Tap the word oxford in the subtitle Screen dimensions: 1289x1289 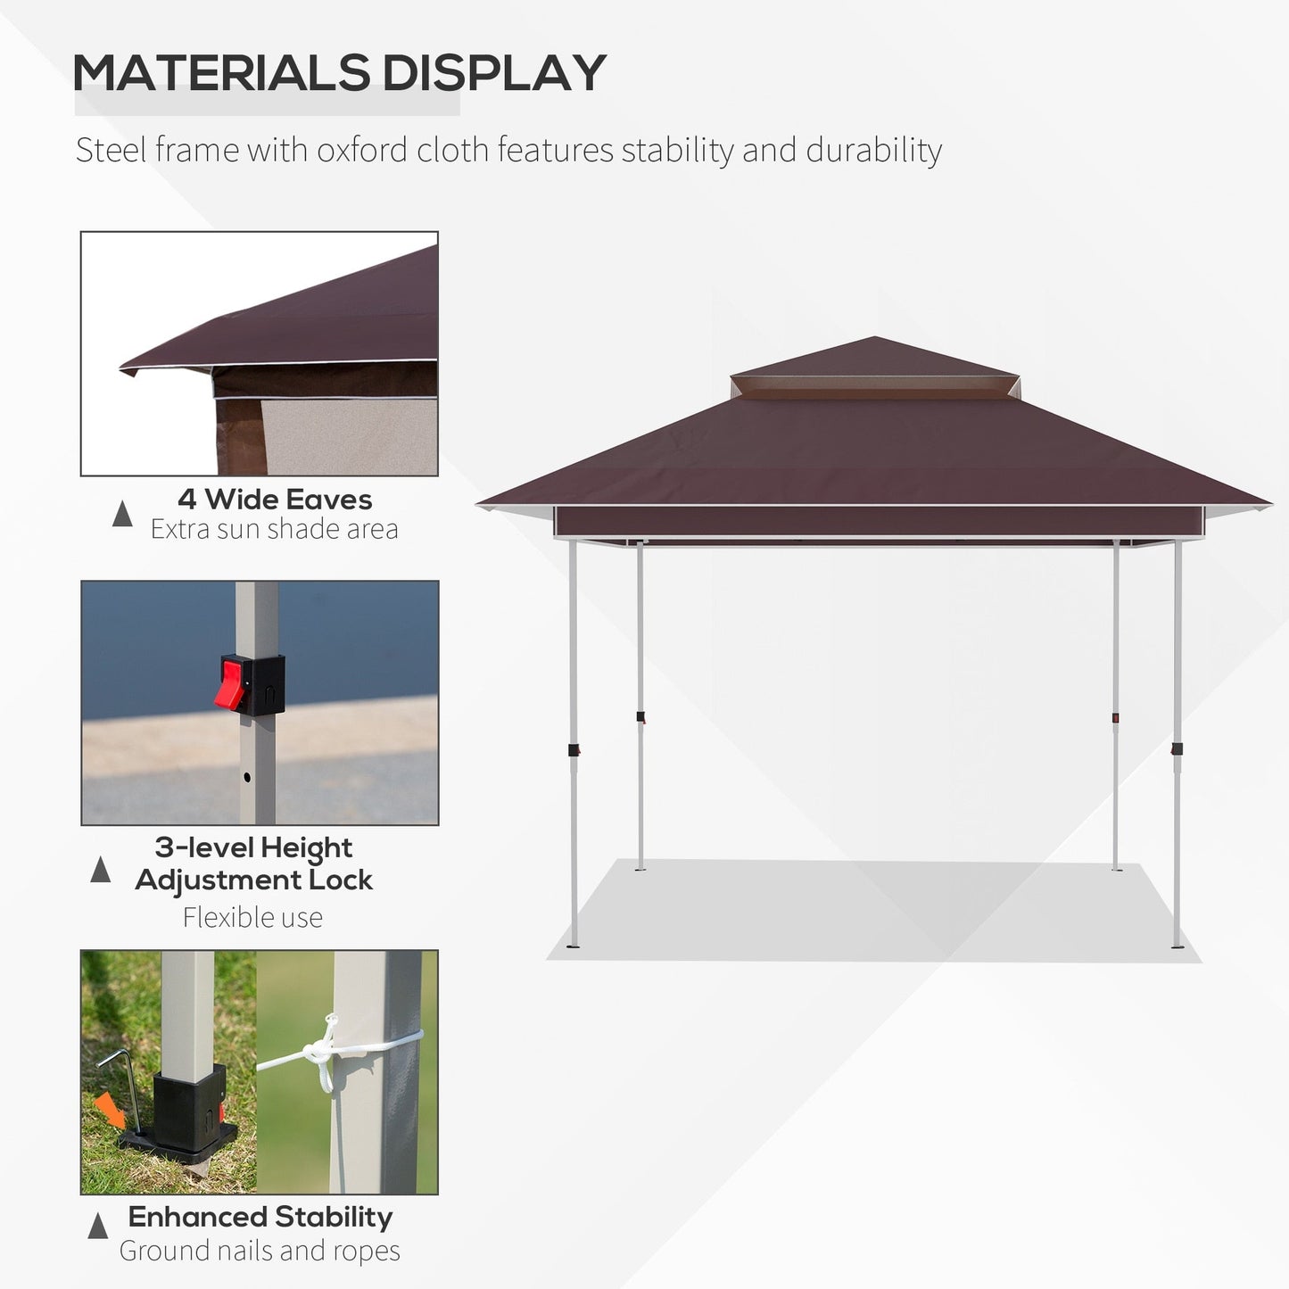pos(362,150)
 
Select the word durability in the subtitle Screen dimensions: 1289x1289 pos(873,150)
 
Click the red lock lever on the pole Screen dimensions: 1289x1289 pos(233,682)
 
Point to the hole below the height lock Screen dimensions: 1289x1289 pos(247,777)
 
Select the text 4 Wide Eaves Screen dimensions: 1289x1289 pos(274,500)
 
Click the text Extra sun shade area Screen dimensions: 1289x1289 pos(274,529)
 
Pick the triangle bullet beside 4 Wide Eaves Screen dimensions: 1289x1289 pos(122,514)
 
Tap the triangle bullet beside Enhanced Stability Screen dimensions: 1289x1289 pos(98,1227)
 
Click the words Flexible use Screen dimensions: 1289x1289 pos(252,917)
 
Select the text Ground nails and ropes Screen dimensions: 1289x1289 pos(260,1251)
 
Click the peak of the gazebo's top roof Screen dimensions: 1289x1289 pos(875,339)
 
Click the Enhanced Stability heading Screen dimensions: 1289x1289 pos(260,1217)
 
